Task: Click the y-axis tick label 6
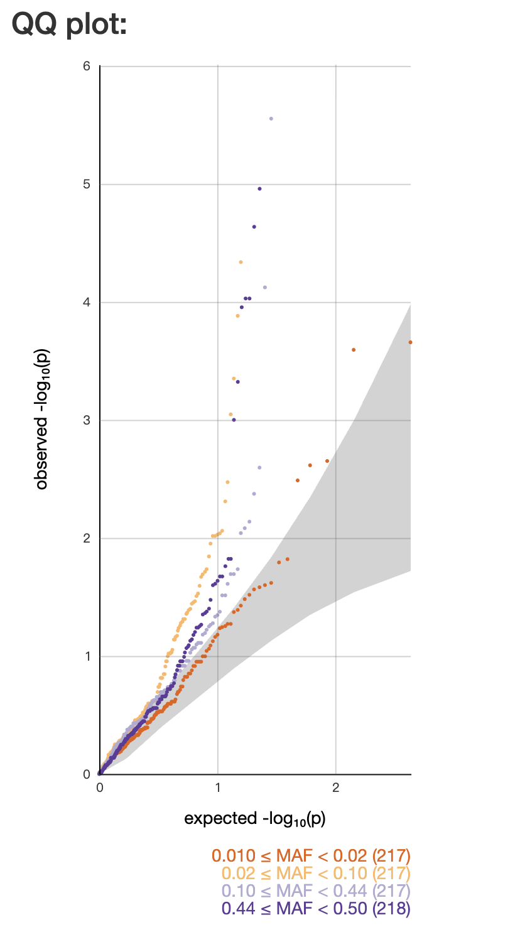[86, 66]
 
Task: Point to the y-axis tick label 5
[86, 185]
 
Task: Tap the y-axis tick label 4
[86, 303]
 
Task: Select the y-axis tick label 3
[86, 421]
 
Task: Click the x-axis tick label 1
[218, 788]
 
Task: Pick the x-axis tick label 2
[336, 788]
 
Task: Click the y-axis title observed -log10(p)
[42, 420]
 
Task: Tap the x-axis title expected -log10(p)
[254, 819]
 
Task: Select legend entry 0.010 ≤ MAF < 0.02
[311, 855]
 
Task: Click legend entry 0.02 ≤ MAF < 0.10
[316, 873]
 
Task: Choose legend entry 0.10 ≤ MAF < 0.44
[316, 891]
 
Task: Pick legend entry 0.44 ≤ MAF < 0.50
[316, 908]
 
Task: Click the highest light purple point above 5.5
[271, 118]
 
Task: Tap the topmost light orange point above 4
[241, 262]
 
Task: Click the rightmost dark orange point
[410, 342]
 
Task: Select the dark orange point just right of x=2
[354, 350]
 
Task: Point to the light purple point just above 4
[265, 288]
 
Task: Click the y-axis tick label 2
[86, 539]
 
